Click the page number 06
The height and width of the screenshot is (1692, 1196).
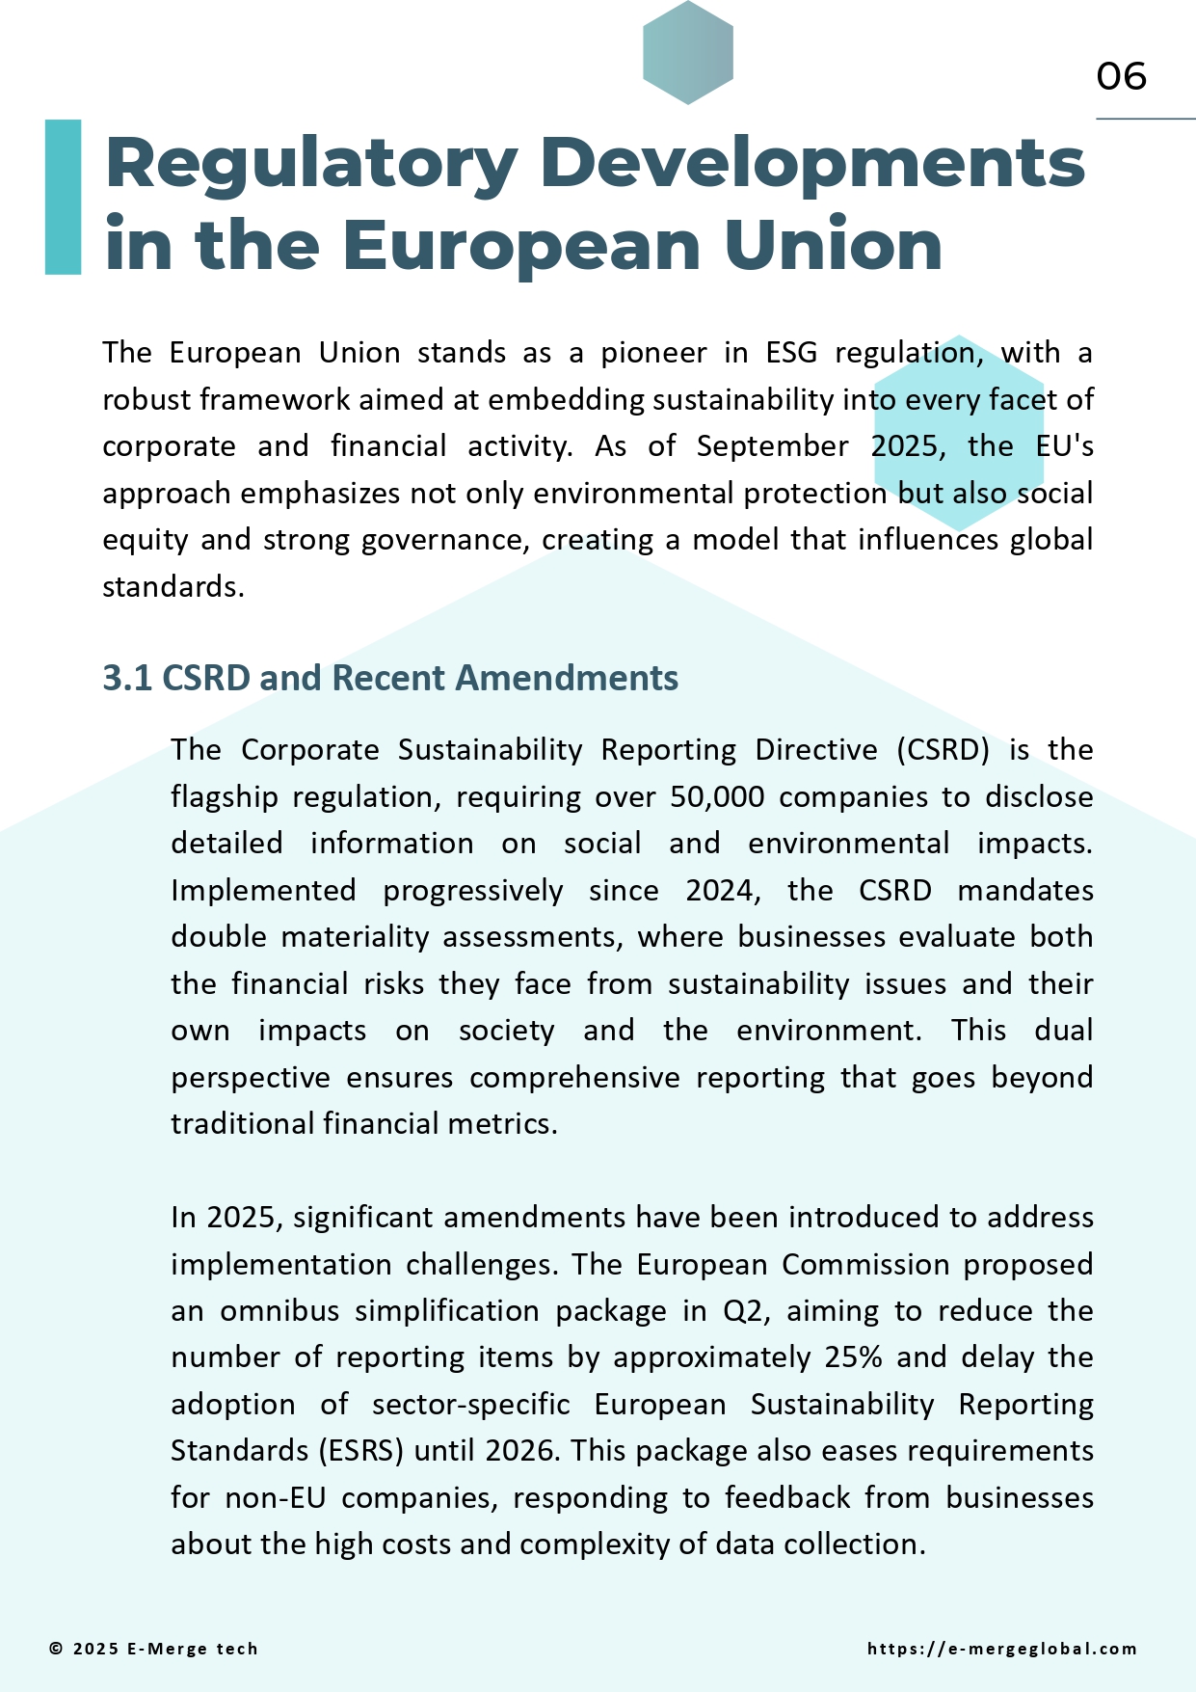coord(1121,77)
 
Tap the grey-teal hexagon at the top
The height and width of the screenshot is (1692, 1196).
coord(688,52)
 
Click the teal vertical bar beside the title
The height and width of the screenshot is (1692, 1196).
coord(63,197)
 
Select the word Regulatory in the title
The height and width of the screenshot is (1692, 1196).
coord(311,164)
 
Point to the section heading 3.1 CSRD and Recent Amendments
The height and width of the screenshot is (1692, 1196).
coord(390,678)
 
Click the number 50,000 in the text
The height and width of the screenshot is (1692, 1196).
coord(717,797)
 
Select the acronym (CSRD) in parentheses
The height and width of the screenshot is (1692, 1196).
coord(943,750)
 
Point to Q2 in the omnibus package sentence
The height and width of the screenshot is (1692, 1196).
coord(742,1311)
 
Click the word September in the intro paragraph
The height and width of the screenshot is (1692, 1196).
coord(772,446)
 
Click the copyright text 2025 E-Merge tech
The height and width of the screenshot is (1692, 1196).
coord(154,1649)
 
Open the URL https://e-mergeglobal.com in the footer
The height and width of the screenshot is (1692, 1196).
coord(1001,1649)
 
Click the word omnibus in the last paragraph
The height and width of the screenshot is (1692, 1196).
coord(279,1311)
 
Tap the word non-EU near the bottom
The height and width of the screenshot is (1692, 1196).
coord(275,1498)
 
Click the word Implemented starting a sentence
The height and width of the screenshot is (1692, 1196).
coord(263,890)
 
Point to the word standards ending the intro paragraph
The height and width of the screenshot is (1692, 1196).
coord(173,587)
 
